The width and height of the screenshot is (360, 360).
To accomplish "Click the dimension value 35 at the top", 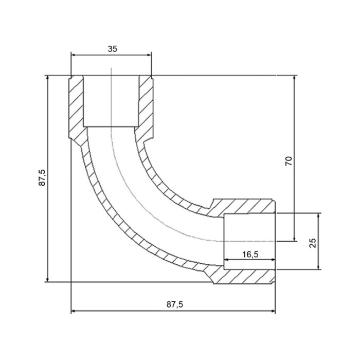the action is (x=113, y=49).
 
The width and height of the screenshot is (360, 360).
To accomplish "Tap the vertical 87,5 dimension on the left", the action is (x=42, y=178).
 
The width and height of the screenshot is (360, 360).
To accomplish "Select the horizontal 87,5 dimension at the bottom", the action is (x=175, y=304).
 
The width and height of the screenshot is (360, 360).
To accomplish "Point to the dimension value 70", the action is (x=289, y=161).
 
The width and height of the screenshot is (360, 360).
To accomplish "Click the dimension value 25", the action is (x=313, y=243).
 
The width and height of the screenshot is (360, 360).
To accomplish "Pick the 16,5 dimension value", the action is (x=250, y=255).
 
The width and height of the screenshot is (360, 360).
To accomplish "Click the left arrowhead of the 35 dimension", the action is (x=73, y=55).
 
